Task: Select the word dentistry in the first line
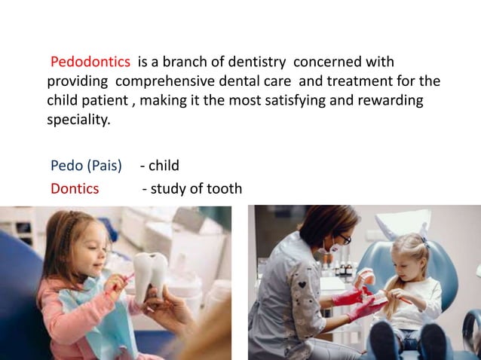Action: pos(250,60)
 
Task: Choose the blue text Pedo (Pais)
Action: pos(86,166)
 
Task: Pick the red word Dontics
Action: pos(75,188)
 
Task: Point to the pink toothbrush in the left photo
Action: pos(121,285)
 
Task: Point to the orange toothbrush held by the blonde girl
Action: pos(400,298)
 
